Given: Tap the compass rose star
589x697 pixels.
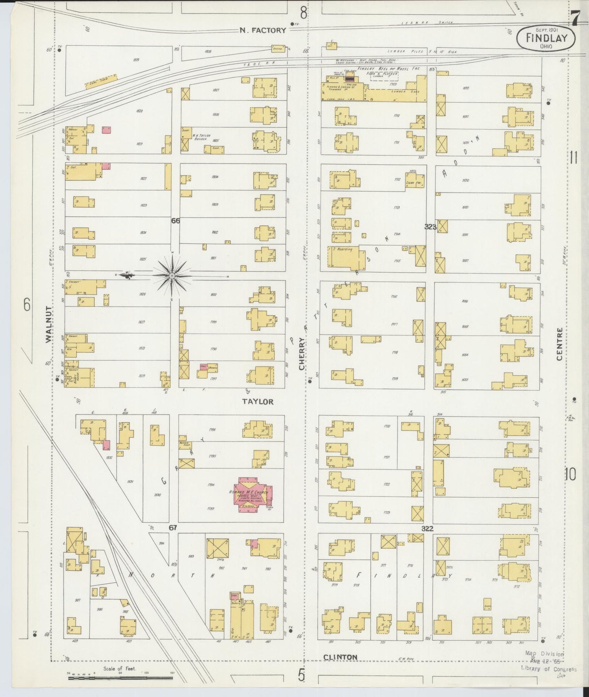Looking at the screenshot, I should [x=172, y=276].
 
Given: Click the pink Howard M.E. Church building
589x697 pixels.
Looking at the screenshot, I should [x=249, y=494].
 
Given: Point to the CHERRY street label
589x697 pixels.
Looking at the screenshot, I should [x=302, y=354].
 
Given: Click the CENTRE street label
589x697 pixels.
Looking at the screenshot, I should [x=559, y=344].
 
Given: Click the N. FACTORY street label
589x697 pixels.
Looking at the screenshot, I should [x=263, y=30].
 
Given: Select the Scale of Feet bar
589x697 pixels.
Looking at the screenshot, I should [x=120, y=679].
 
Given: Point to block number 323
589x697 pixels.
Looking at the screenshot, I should [x=430, y=227].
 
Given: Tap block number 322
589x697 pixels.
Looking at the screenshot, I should [x=427, y=529].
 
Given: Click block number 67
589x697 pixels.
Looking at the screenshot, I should [x=173, y=528].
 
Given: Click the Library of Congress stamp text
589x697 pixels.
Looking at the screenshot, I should [x=548, y=668].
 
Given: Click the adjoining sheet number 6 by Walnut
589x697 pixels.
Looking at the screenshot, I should [x=26, y=304].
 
